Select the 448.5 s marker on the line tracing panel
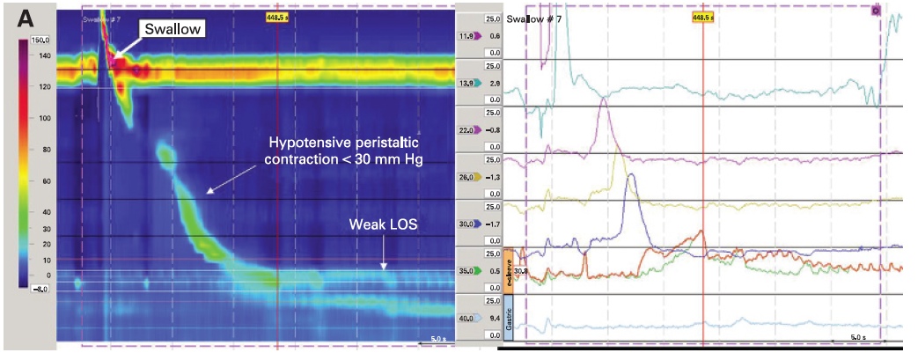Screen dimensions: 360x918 pos(704,17)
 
